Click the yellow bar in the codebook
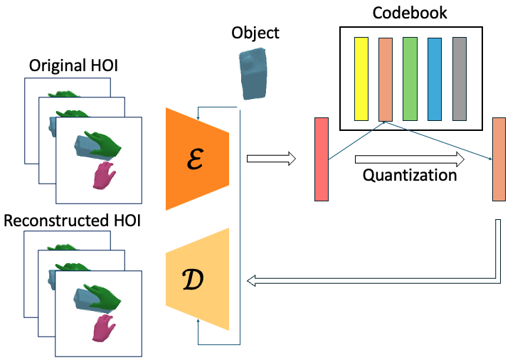point(361,79)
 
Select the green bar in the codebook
point(410,79)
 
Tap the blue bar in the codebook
point(435,79)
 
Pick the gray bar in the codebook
point(459,79)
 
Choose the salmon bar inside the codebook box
point(385,79)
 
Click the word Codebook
point(411,13)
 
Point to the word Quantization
point(410,175)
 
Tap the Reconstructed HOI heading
point(72,221)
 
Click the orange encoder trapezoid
point(197,159)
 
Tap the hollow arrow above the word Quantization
point(410,159)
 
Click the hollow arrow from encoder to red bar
point(270,159)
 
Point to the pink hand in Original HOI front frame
point(105,175)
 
